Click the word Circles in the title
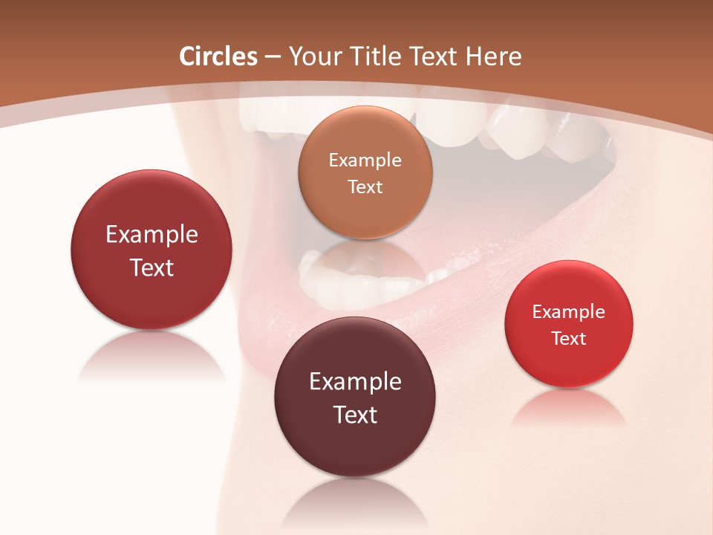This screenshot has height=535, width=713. coord(218,56)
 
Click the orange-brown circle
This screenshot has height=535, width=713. coord(365,172)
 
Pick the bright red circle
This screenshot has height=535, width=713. coord(569,324)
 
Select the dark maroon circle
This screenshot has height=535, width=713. coord(355,397)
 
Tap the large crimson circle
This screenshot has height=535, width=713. coord(152,250)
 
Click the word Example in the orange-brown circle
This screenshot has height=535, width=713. coord(365,160)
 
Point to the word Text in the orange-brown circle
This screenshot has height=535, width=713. coord(365,187)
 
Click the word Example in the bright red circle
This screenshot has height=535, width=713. coord(569,311)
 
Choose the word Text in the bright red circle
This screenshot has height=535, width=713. coord(569,338)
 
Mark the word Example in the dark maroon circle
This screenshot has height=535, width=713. coord(355,381)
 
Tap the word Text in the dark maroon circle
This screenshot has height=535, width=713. coord(355,415)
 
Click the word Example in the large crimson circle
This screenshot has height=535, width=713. coord(152,234)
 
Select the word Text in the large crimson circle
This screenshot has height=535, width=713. coord(152,267)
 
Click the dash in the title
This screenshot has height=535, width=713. coord(272,56)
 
